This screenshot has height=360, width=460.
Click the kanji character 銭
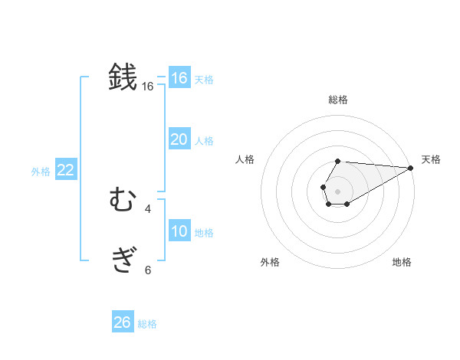coord(123,77)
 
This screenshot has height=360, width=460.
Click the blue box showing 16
coord(179,78)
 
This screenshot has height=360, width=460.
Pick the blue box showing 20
coord(179,139)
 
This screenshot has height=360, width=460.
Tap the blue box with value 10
coord(179,231)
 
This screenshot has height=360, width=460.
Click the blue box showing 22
coord(65,170)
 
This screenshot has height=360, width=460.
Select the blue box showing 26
coord(122,322)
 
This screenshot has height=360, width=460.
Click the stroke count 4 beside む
coord(148,208)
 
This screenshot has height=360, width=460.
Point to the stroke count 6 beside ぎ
coord(148,270)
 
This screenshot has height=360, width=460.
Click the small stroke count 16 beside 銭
coord(148,87)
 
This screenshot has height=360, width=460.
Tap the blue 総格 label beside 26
coord(147,324)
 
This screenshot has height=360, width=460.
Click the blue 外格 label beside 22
coord(41,172)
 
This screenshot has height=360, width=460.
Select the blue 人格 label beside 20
coord(204,141)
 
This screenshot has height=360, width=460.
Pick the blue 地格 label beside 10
coord(204,233)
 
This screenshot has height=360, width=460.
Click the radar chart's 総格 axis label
coord(337,100)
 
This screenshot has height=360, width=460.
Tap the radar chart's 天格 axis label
coord(431,159)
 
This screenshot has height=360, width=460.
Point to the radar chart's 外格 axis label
coord(270,262)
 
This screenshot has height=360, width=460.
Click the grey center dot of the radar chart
coord(337,190)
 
